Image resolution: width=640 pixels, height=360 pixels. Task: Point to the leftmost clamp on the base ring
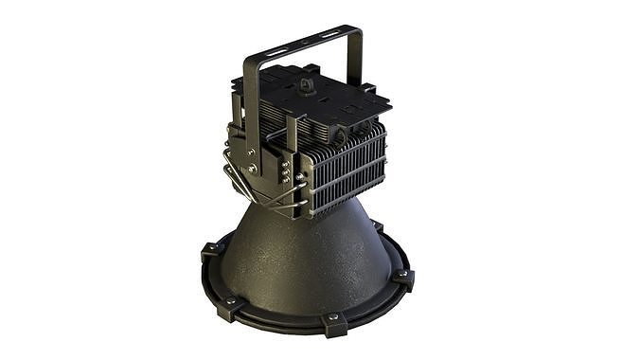click(x=210, y=252)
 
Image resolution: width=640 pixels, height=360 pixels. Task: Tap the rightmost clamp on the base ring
click(x=404, y=279)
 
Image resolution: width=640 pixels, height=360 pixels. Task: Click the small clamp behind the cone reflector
click(x=377, y=226)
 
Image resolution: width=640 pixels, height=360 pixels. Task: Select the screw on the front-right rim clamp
click(x=334, y=318)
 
